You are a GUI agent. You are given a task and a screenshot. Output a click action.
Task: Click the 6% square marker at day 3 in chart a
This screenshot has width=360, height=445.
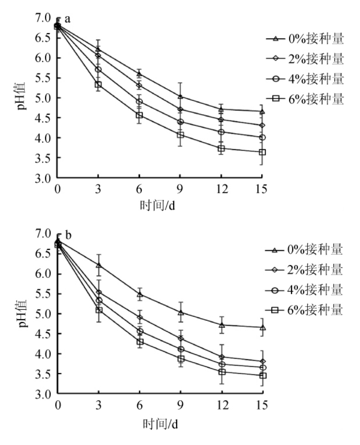pyautogui.click(x=98, y=84)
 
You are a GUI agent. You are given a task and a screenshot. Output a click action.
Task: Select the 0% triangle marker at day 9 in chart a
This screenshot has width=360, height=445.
pyautogui.click(x=180, y=96)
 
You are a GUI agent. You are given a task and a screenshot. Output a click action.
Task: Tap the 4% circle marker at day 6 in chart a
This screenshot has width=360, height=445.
pyautogui.click(x=139, y=101)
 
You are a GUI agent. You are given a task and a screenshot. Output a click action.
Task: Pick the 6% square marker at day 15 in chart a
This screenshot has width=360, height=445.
pyautogui.click(x=262, y=152)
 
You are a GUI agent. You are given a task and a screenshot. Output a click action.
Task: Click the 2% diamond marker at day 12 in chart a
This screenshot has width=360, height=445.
pyautogui.click(x=221, y=119)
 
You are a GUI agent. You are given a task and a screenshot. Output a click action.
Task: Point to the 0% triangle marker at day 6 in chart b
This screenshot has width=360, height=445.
pyautogui.click(x=139, y=294)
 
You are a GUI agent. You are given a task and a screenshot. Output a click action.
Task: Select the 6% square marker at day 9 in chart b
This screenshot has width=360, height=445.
pyautogui.click(x=180, y=359)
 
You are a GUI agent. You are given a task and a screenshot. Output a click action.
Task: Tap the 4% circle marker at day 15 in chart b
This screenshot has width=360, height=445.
pyautogui.click(x=263, y=367)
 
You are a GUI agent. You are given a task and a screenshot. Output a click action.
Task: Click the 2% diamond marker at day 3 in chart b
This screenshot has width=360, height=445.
pyautogui.click(x=99, y=292)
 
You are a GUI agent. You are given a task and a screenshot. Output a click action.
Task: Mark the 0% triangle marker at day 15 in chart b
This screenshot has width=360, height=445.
pyautogui.click(x=263, y=328)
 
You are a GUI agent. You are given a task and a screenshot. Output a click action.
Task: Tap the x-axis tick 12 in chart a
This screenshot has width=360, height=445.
pyautogui.click(x=221, y=189)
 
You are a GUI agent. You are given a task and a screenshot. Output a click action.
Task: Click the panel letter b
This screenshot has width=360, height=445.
pyautogui.click(x=68, y=235)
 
